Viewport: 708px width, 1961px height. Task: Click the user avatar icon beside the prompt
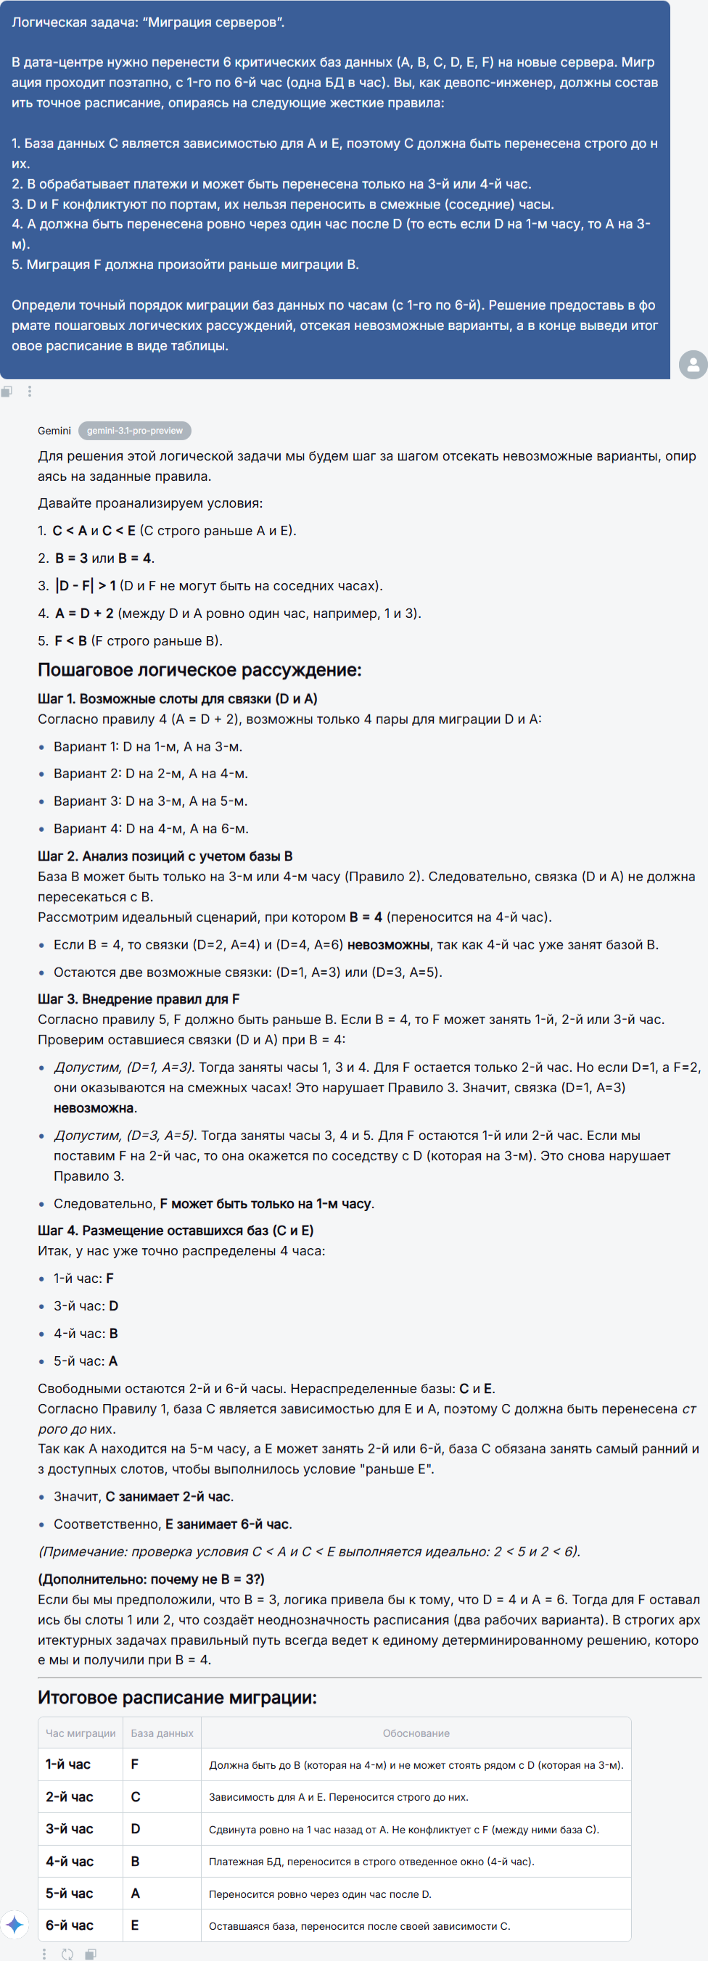coord(693,365)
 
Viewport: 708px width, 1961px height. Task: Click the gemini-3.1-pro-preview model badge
coord(135,431)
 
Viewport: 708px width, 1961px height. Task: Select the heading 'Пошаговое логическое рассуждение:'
coord(199,670)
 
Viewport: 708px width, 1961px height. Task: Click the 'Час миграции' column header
coord(81,1733)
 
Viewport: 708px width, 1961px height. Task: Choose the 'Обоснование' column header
coord(416,1733)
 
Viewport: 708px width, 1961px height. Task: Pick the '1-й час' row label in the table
coord(67,1764)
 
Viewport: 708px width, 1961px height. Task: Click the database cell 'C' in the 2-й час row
coord(136,1796)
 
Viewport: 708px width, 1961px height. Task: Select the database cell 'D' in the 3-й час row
coord(136,1828)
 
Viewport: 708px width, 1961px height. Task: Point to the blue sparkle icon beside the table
coord(15,1925)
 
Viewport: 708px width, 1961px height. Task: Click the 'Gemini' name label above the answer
coord(54,431)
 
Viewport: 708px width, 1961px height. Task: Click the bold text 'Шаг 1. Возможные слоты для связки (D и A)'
coord(178,699)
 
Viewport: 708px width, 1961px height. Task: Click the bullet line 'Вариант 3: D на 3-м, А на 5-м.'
coord(150,801)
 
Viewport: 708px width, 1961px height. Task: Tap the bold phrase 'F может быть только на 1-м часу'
coord(265,1204)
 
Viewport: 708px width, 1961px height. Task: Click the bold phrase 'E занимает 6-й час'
coord(228,1524)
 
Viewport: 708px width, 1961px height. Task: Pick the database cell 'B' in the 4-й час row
coord(136,1861)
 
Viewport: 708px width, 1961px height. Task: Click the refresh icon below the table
coord(67,1954)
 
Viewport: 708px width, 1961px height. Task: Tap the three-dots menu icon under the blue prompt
coord(30,392)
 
